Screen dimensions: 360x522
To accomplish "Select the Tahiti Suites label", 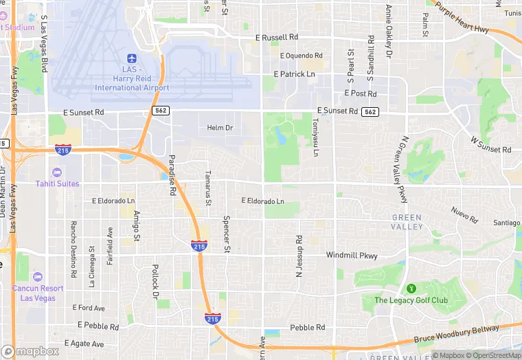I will [57, 183].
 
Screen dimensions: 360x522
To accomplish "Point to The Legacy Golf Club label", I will [411, 300].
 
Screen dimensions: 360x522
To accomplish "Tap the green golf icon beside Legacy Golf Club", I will [411, 288].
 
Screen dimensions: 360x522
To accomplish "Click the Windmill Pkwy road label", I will [352, 256].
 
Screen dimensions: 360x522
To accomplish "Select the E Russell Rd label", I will [277, 37].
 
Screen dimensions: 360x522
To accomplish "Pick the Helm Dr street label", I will [220, 128].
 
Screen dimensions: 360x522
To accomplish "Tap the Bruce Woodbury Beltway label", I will [457, 335].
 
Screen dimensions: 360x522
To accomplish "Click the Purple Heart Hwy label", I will [462, 20].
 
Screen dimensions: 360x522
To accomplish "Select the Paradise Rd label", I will [172, 177].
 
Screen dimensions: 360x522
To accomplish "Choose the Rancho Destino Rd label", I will [72, 244].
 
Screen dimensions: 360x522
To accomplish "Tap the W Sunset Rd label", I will [490, 144].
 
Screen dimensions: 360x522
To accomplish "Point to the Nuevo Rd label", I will [464, 215].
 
